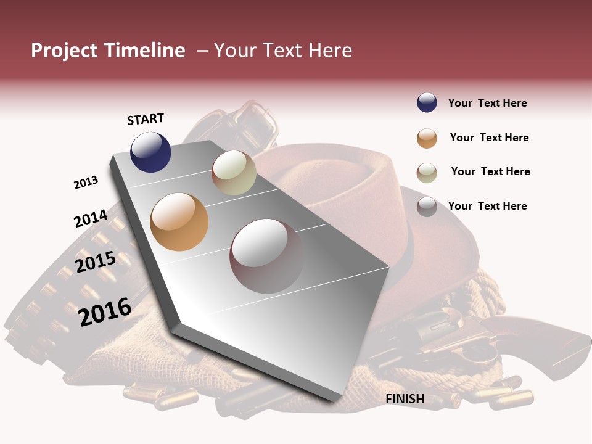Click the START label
point(146,119)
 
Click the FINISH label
point(405,399)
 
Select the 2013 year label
point(86,183)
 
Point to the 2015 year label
point(95,262)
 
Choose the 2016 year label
point(105,311)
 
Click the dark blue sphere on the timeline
point(150,152)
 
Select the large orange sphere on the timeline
point(179,221)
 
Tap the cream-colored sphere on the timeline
point(234,173)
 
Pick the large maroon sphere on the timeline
point(266,255)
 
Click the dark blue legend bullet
point(427,103)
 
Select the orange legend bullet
point(427,138)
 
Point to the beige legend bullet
point(427,172)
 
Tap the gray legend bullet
point(427,206)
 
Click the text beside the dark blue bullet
point(487,103)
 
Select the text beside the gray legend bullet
point(487,206)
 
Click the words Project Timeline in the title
point(108,51)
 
